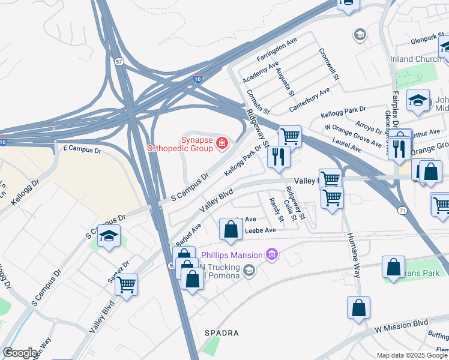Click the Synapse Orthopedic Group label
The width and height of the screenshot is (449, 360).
click(x=181, y=143)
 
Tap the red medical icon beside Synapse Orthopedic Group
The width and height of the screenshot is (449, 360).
click(x=222, y=143)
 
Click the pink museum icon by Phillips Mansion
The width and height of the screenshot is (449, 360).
click(x=272, y=255)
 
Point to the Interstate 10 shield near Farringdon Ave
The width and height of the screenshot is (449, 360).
click(x=197, y=78)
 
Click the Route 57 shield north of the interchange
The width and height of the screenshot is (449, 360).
click(x=119, y=62)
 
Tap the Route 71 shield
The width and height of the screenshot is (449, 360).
click(x=402, y=209)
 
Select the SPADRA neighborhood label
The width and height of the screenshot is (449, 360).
click(x=222, y=332)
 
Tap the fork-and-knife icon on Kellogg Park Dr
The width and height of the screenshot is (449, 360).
click(x=279, y=157)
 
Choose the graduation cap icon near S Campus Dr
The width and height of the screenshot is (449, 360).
click(x=109, y=236)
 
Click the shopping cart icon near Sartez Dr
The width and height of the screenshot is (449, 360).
click(x=126, y=284)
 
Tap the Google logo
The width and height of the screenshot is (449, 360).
click(x=20, y=353)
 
